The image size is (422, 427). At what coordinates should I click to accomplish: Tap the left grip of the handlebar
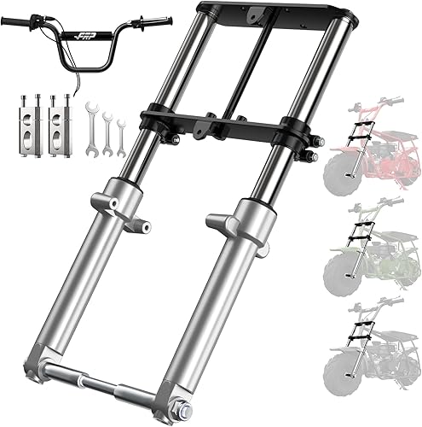pyautogui.click(x=18, y=18)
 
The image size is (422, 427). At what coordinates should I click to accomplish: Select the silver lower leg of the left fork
pyautogui.click(x=81, y=282)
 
